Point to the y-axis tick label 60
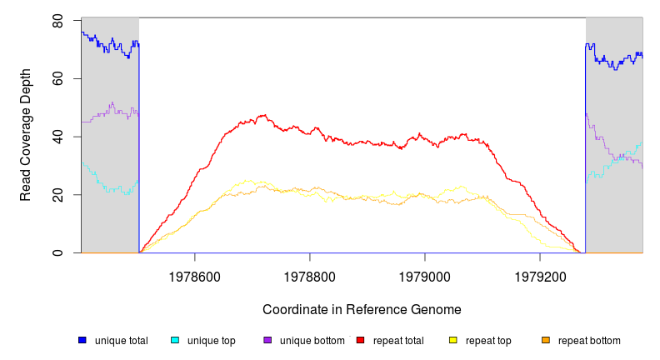[57, 78]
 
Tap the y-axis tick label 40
[57, 137]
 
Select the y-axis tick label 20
[57, 195]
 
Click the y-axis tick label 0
[57, 252]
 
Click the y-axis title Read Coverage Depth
[26, 136]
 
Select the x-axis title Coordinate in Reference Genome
[362, 310]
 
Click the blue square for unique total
[82, 340]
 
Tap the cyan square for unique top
[175, 340]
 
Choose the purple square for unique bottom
[267, 340]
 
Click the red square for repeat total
[360, 340]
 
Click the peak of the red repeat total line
[264, 115]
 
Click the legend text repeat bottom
[589, 341]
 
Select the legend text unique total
[122, 341]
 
